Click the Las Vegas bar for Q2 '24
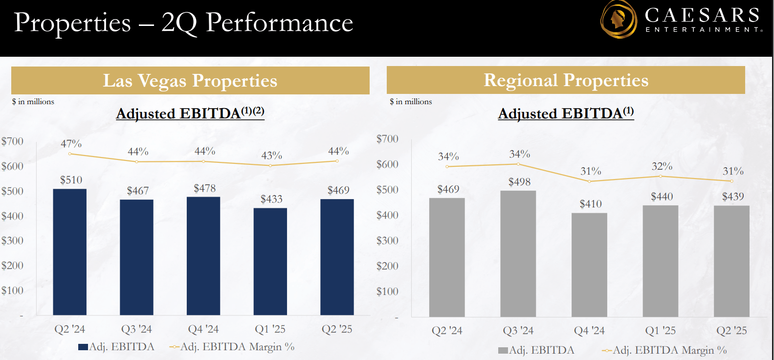point(69,252)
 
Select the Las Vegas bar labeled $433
point(270,262)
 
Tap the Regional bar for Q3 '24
point(518,254)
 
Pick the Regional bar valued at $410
point(589,265)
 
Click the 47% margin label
point(71,144)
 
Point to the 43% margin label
point(271,156)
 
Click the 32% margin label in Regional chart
point(662,166)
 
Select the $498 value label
point(519,182)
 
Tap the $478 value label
point(204,188)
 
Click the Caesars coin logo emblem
point(618,20)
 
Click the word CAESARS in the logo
point(702,15)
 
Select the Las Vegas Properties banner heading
point(190,81)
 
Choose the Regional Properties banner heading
point(566,80)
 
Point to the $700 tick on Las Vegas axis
point(12,141)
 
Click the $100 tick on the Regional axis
point(387,292)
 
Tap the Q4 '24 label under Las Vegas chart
point(203,329)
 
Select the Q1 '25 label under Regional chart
point(660,331)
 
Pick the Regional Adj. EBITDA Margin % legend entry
point(665,350)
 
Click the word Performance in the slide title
point(279,22)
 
